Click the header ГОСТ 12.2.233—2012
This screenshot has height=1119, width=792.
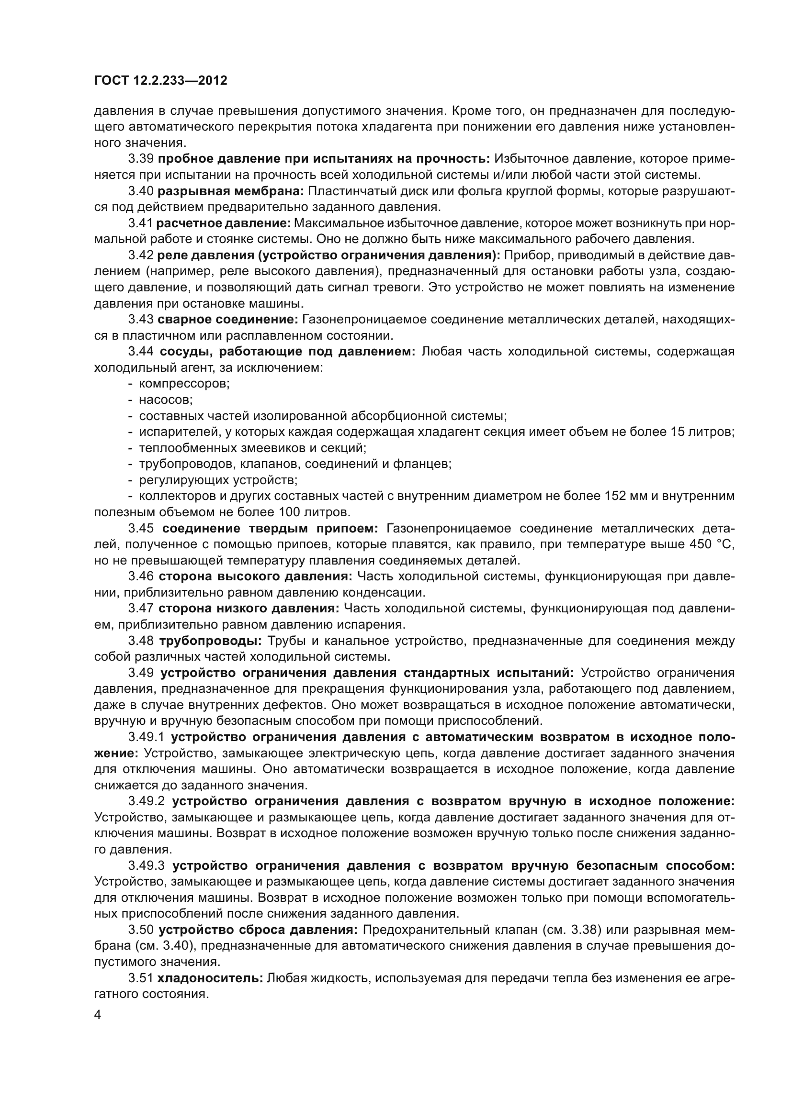160,80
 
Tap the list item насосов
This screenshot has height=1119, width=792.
166,399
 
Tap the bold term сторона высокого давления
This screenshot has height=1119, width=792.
255,576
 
